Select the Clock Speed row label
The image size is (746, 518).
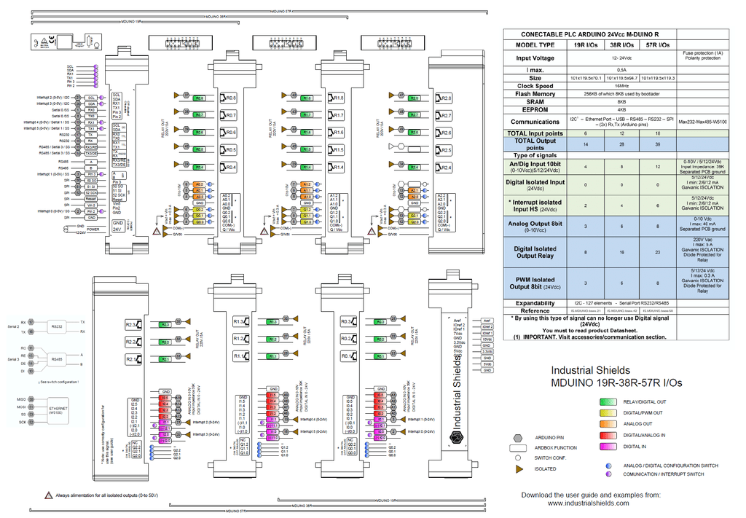535,85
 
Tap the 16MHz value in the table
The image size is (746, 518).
621,85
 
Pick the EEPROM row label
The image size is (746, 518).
535,109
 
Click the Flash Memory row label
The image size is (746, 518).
535,93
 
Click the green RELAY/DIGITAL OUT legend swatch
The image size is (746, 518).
607,401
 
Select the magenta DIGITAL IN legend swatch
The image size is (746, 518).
607,446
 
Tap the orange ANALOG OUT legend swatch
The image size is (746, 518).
607,423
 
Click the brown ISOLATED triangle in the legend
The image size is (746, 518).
518,468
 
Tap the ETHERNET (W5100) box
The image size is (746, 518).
58,410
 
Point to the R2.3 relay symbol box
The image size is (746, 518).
132,324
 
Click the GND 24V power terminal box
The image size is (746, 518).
117,225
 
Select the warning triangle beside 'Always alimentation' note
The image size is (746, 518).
49,495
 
